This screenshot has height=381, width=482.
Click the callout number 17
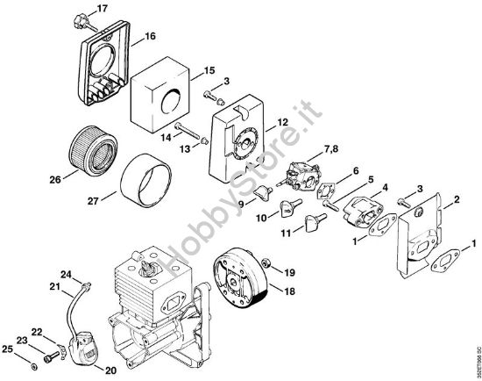click(x=103, y=9)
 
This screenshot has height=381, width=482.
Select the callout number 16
click(x=150, y=36)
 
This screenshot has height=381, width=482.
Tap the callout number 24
click(x=67, y=275)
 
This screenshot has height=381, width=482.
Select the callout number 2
click(x=456, y=201)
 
